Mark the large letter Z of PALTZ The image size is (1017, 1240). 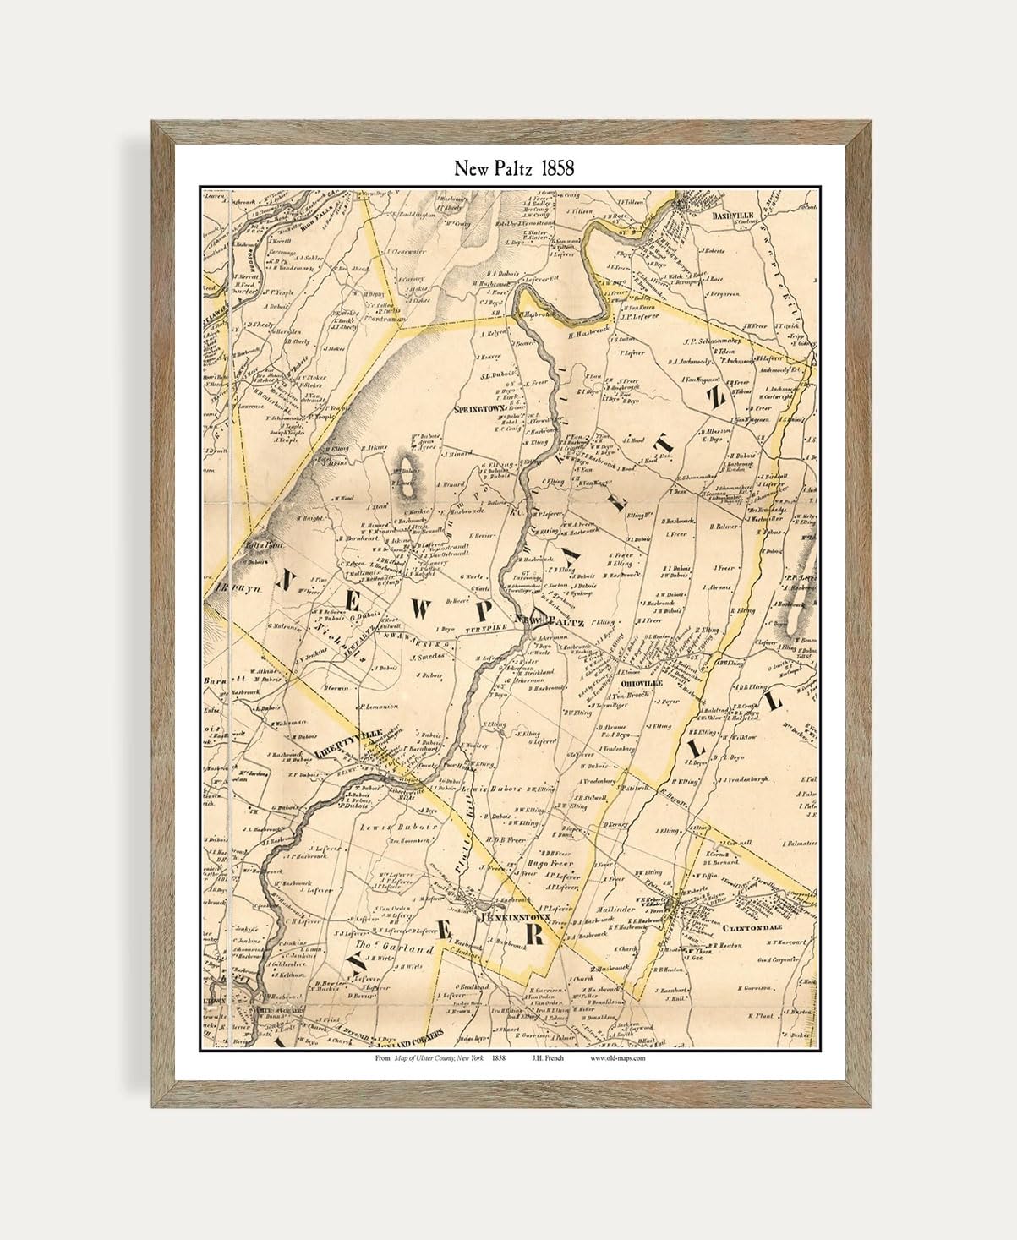715,398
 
